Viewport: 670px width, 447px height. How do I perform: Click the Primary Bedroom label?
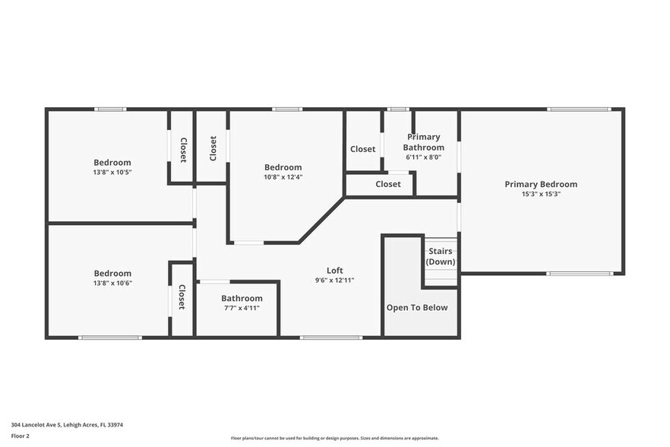pos(541,184)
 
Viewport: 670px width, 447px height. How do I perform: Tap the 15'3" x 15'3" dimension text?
pos(541,194)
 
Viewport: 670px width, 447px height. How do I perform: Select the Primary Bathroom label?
pos(423,142)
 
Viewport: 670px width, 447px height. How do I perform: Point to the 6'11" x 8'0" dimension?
pos(423,157)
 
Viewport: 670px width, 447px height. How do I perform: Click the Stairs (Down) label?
pos(441,256)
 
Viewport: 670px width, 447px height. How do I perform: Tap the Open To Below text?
pos(417,308)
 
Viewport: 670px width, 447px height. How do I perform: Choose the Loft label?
pos(335,270)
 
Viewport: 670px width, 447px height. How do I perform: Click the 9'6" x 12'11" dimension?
pos(335,280)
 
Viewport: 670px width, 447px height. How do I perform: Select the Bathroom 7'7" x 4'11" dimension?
pos(242,309)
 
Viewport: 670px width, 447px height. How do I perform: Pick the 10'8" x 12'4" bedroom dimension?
pos(283,177)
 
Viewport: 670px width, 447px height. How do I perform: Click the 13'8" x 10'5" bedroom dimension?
pos(112,172)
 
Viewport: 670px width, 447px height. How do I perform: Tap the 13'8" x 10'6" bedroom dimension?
pos(112,283)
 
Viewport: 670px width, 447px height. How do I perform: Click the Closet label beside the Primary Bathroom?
pos(362,149)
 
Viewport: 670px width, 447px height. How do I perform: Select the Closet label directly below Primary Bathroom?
pos(387,184)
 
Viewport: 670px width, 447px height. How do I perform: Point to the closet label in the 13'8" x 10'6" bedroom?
pos(182,297)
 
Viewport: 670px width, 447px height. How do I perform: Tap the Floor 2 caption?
pos(21,436)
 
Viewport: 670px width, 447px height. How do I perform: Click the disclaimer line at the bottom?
pos(334,439)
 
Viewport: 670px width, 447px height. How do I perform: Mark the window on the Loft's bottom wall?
pos(320,337)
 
